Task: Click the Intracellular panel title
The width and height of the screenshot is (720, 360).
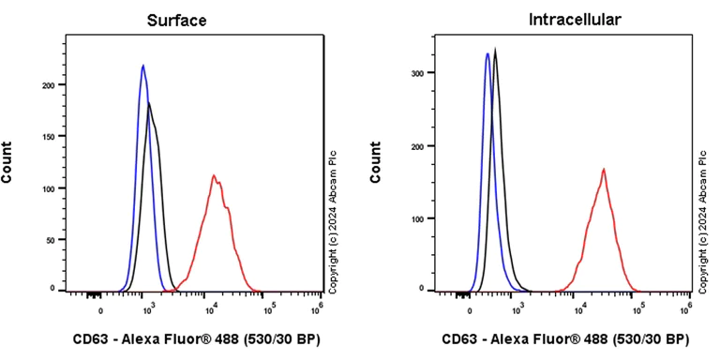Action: (562, 20)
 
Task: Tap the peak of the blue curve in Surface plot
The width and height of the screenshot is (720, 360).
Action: (142, 66)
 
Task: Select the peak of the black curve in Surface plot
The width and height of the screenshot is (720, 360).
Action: (149, 103)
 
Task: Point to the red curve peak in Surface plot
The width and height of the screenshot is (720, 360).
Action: (215, 175)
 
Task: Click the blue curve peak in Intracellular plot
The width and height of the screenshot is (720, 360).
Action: (487, 53)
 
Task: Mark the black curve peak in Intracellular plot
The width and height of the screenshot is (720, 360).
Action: (496, 49)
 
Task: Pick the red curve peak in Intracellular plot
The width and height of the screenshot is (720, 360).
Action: (604, 170)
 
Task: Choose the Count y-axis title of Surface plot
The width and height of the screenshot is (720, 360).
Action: (8, 161)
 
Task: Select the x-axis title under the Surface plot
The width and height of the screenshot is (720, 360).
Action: (196, 338)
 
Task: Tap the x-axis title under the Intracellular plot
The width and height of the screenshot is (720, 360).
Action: (565, 338)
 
